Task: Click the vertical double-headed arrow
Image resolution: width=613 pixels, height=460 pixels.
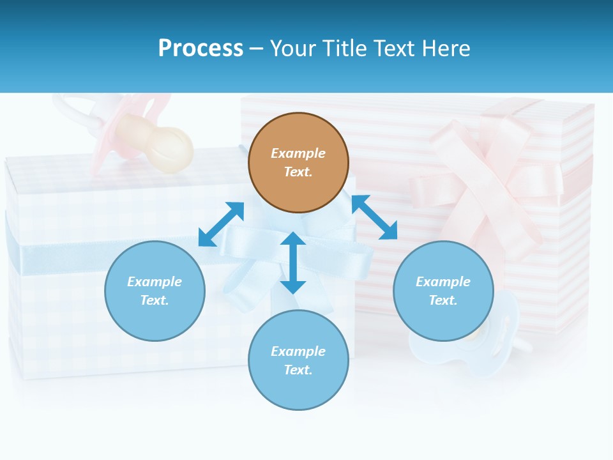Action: coord(293,263)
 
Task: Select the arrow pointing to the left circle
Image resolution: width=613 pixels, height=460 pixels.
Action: coord(221,224)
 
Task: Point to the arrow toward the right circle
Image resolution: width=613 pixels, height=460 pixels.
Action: coord(374,217)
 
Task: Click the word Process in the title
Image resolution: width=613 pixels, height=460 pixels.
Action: coord(201,48)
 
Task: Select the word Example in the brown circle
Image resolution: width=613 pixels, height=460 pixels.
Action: coord(298,153)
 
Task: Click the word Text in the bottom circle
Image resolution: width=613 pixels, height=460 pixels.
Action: coord(298,370)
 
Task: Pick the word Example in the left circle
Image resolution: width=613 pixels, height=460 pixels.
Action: coord(155,282)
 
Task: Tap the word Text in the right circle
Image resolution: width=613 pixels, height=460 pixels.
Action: coord(443,300)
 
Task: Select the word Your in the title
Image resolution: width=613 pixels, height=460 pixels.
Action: coord(294,48)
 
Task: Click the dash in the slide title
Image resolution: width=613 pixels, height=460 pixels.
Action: coord(256,49)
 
